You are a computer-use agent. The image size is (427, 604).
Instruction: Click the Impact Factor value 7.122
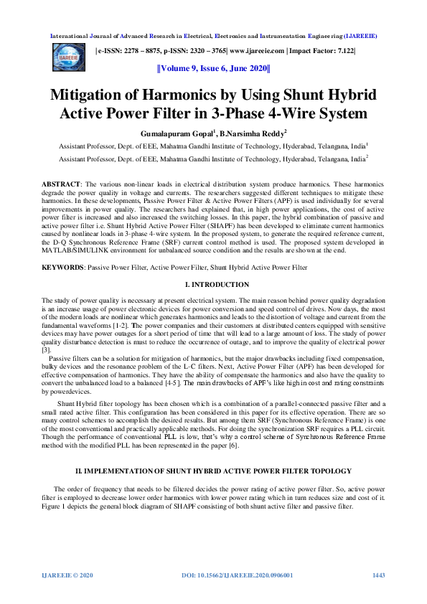(344, 52)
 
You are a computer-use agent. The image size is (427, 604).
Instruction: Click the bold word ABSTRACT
(61, 185)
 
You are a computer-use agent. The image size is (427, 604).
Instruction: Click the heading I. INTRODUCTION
(213, 285)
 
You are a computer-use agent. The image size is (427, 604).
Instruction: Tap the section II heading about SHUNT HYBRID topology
(213, 471)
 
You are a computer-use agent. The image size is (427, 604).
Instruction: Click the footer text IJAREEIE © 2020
(68, 575)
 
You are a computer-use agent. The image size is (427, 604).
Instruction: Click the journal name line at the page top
(213, 35)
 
